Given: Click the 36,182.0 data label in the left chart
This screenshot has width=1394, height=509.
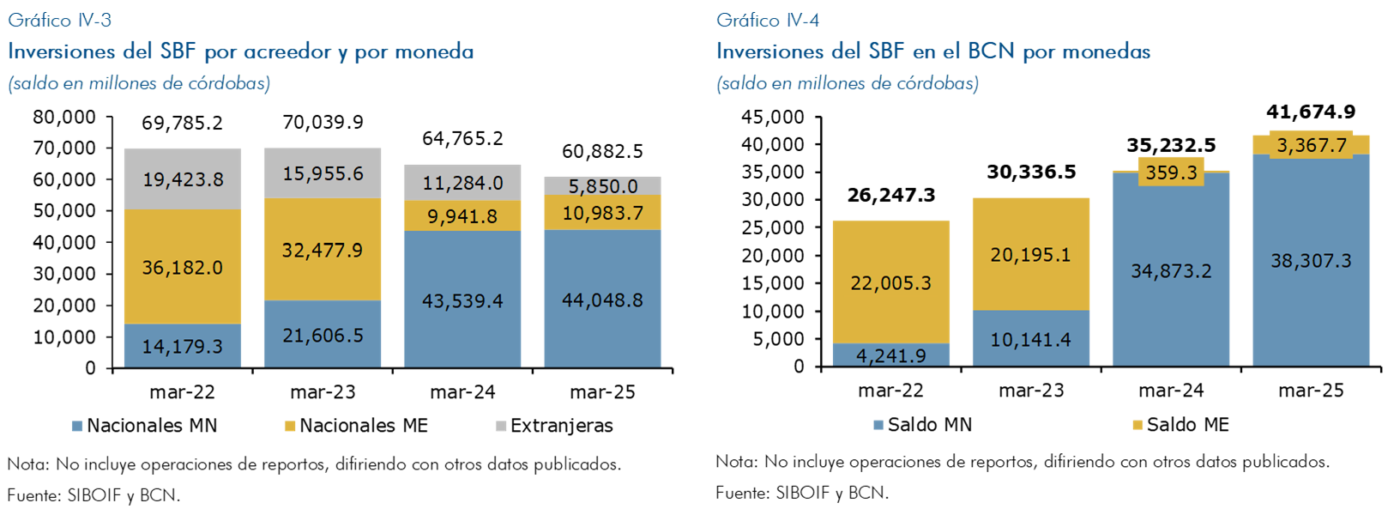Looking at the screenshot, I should (182, 268).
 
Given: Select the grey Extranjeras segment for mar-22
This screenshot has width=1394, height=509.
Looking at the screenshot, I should (182, 179).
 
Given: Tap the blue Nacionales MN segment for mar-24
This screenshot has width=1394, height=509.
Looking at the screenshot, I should (462, 300).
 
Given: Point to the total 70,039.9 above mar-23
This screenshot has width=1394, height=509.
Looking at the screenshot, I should (323, 123).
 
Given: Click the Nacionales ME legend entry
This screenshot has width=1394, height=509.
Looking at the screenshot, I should (356, 426).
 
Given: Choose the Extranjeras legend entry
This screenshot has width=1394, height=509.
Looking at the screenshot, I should (554, 426).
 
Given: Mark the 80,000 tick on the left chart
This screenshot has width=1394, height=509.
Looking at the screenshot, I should (64, 117).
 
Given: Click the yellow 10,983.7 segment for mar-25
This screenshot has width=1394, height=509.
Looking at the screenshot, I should (602, 213).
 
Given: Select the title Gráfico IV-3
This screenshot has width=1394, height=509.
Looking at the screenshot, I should (60, 20).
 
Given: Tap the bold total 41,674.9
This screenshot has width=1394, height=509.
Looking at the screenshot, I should (1311, 112).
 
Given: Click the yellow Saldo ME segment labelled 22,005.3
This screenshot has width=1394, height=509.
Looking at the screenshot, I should (890, 283).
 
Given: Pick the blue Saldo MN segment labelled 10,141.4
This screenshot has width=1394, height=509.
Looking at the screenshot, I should (1030, 339).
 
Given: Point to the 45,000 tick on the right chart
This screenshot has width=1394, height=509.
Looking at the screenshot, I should (773, 117).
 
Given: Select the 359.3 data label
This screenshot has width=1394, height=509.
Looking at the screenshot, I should (1171, 173).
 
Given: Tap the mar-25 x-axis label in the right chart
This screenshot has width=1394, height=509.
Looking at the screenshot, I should (1311, 391).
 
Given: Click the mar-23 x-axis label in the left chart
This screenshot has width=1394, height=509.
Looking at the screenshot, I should (323, 392).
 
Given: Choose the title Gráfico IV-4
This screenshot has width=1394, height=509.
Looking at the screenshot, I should (769, 20).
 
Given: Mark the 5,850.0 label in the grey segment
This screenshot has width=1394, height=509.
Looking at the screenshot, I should (602, 186).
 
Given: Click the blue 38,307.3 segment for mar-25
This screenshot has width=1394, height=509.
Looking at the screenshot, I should (1311, 261).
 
